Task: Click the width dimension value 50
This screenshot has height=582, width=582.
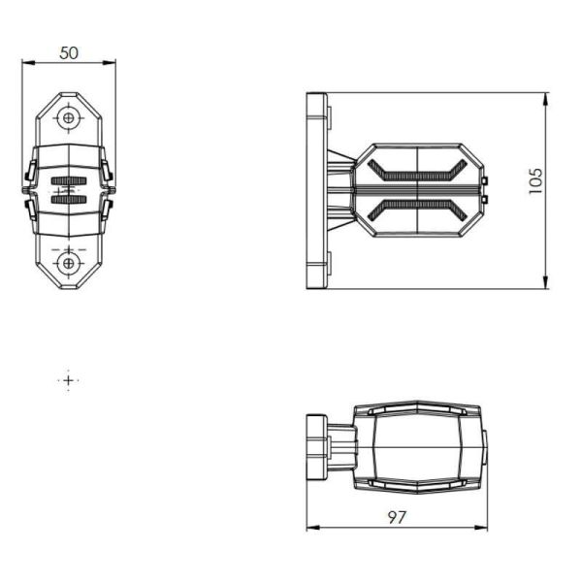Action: [68, 52]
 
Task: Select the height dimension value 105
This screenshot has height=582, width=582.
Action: [535, 180]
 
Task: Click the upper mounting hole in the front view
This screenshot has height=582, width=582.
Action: [68, 118]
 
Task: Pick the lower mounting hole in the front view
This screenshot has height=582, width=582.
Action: [68, 262]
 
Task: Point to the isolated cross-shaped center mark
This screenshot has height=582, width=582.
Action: [68, 380]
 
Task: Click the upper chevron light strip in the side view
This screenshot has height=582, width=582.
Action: [417, 175]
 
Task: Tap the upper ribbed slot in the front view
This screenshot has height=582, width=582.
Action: [68, 182]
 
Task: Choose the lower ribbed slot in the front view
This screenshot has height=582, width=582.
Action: [68, 199]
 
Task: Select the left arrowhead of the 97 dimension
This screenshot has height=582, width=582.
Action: [311, 528]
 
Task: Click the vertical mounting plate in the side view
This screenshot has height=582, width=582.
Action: [316, 190]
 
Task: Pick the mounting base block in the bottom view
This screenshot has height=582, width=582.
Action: [316, 447]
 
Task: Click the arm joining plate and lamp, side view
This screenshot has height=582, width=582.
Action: [340, 190]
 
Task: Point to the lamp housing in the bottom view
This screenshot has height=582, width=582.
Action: [417, 447]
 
